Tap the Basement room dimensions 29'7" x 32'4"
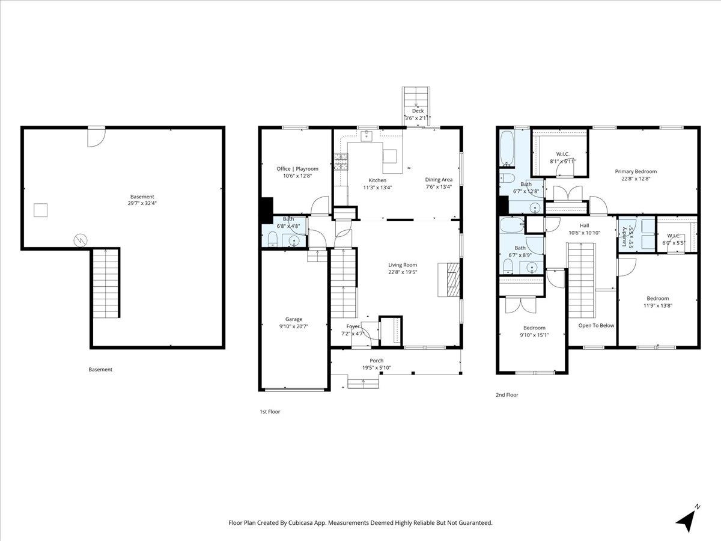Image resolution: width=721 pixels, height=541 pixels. click(142, 203)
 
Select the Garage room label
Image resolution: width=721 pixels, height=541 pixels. click(294, 319)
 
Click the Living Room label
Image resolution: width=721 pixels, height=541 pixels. click(402, 264)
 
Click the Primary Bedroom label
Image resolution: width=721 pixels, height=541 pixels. click(635, 171)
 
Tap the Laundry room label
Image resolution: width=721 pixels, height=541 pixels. click(625, 234)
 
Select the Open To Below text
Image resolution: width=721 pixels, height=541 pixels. click(596, 325)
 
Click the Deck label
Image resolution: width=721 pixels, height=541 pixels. click(418, 111)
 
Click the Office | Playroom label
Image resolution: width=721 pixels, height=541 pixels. click(297, 169)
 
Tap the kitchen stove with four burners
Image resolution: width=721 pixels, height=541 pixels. click(341, 162)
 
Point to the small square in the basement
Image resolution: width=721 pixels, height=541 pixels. click(40, 210)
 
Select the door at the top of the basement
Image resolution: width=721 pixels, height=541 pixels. click(96, 136)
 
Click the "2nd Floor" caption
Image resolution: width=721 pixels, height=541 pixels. click(507, 395)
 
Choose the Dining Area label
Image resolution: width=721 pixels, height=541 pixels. click(439, 179)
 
